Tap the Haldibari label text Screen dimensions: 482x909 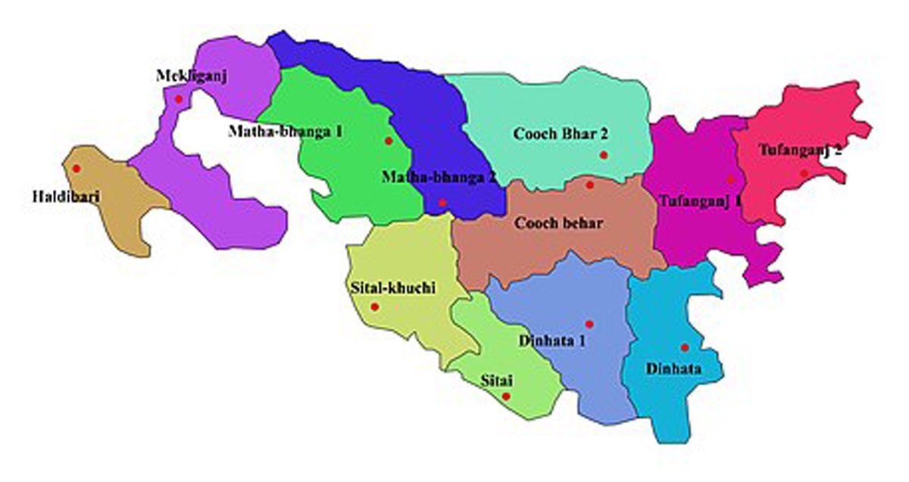tap(62, 196)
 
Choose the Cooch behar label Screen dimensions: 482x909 tap(558, 223)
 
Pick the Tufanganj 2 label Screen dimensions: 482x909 tap(799, 150)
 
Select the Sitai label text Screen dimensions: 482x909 tap(496, 379)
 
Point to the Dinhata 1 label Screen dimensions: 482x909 tap(551, 340)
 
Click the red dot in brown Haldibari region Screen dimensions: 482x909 tap(76, 168)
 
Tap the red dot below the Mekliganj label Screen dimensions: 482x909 tap(179, 99)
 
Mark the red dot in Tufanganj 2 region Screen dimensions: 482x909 tap(804, 173)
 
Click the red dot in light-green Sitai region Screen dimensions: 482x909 tap(506, 396)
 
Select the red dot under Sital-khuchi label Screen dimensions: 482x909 tap(374, 306)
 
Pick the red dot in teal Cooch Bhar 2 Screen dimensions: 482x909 tap(604, 155)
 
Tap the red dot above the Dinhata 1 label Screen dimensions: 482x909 tap(589, 324)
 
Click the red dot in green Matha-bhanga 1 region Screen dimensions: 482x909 tap(389, 141)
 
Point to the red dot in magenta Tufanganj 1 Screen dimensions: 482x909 tap(730, 179)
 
